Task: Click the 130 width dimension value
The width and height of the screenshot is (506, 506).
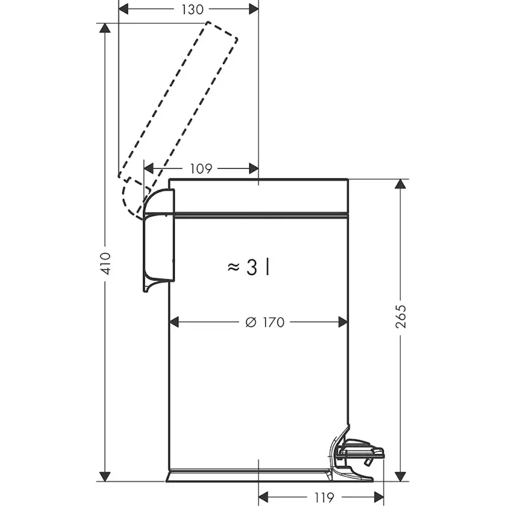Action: click(x=189, y=9)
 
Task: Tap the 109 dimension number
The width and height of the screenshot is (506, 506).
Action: click(x=201, y=169)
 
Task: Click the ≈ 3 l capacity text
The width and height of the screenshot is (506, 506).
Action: click(x=249, y=267)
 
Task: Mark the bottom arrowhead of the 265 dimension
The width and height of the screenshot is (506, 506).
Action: click(x=402, y=476)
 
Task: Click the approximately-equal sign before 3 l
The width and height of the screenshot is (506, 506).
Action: click(x=233, y=267)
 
